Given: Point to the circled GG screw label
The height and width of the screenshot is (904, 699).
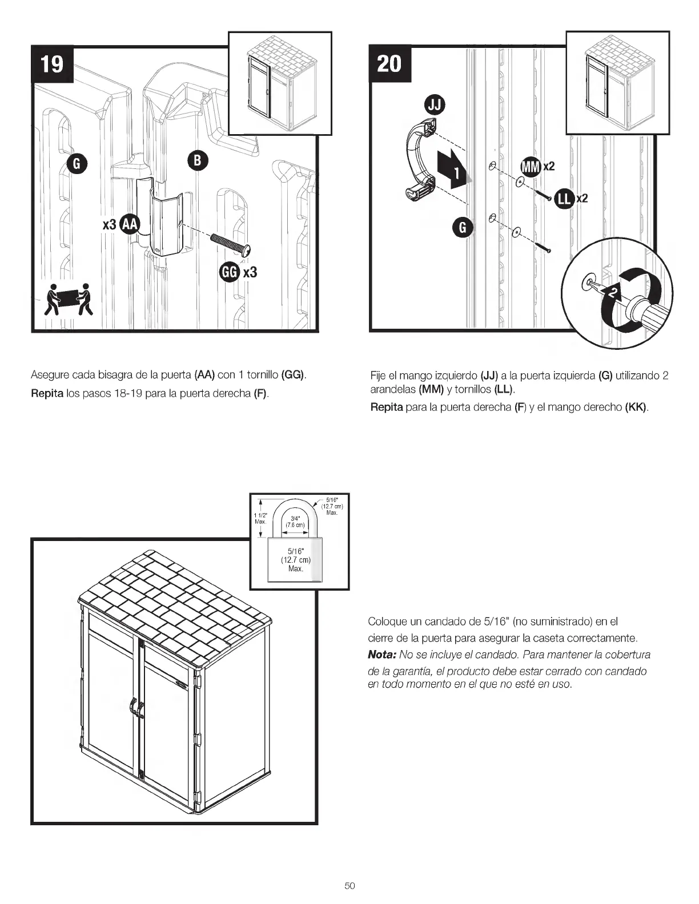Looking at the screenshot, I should click(229, 272).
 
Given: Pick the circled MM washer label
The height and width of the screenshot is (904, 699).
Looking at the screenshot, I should click(531, 167).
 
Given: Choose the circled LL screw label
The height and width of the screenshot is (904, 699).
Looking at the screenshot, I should click(564, 198).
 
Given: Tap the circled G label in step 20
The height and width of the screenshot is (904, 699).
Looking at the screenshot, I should click(463, 228).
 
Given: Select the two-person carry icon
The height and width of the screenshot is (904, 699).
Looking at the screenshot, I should click(68, 298).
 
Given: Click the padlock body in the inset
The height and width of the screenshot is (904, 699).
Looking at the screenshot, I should click(295, 560).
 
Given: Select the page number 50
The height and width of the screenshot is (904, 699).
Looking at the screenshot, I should click(349, 886).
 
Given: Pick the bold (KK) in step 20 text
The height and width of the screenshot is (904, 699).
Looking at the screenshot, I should click(636, 407).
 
